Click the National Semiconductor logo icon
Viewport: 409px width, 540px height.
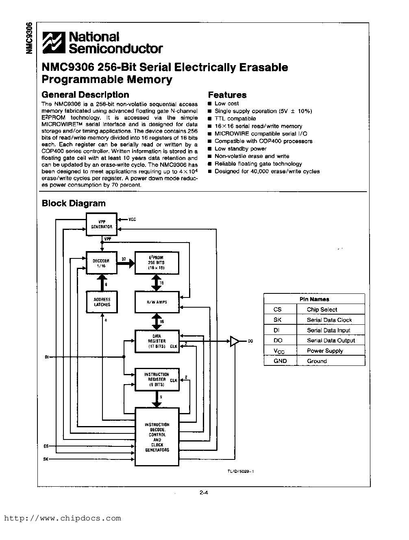54,43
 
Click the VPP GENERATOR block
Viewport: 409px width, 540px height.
102,224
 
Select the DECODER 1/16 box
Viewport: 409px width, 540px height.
102,263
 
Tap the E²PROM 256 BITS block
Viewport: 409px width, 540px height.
157,263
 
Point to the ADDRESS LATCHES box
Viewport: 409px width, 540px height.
102,302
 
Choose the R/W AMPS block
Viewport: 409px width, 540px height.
157,302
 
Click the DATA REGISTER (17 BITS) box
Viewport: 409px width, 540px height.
157,341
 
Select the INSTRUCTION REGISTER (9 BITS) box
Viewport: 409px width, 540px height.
157,379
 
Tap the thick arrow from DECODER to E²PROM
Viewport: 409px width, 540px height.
126,263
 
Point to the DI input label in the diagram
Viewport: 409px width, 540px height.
47,357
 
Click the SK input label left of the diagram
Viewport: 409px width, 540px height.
46,459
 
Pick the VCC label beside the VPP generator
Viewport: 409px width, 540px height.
132,219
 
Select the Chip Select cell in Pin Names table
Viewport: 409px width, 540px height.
322,310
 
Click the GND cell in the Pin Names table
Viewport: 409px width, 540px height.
280,361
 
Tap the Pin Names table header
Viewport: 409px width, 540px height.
314,299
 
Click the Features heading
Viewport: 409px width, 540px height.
227,95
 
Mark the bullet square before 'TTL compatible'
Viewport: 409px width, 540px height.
210,119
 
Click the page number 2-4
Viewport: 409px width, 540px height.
204,492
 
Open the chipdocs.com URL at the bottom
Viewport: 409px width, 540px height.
63,518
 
